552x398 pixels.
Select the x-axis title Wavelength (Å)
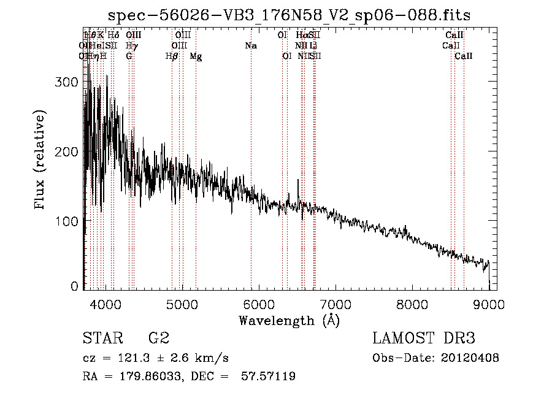289,320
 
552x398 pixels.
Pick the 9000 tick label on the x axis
489,304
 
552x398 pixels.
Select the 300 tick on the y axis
69,83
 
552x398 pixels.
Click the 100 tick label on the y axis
69,220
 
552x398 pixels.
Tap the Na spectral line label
251,46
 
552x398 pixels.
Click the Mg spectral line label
196,56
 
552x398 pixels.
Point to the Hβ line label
172,56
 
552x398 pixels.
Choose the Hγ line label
131,46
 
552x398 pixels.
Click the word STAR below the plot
102,339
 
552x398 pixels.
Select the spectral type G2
158,339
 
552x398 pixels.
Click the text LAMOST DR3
424,339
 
